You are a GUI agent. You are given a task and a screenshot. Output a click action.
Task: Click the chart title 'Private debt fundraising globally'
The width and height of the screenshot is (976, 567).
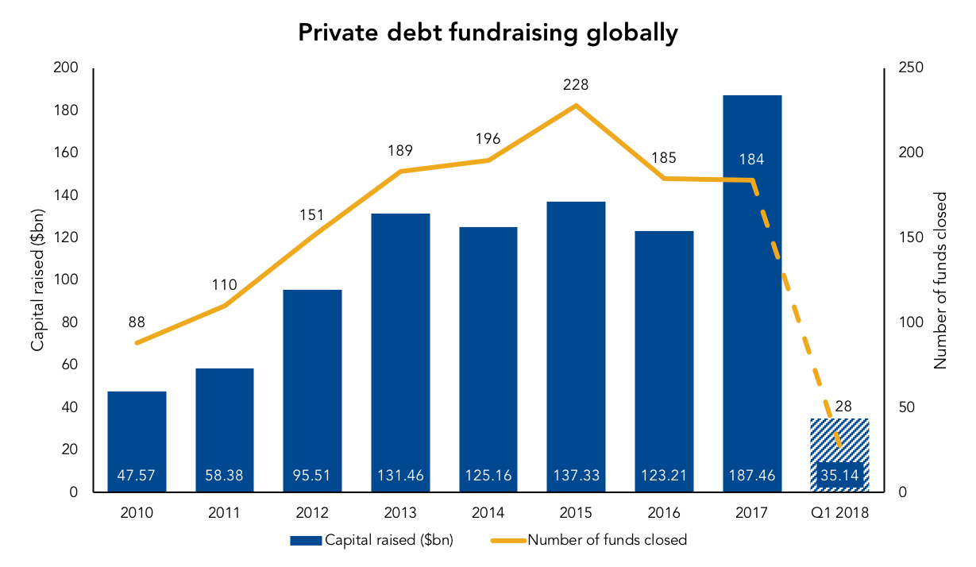pyautogui.click(x=488, y=33)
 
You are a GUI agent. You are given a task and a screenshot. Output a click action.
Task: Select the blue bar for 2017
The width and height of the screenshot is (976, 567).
pyautogui.click(x=752, y=293)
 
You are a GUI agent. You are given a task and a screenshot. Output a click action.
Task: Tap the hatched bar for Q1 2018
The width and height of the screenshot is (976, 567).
pyautogui.click(x=839, y=455)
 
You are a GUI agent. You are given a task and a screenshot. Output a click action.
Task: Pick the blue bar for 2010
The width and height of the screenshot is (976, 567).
pyautogui.click(x=137, y=442)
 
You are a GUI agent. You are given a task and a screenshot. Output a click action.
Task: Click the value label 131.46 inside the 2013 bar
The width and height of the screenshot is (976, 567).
pyautogui.click(x=400, y=475)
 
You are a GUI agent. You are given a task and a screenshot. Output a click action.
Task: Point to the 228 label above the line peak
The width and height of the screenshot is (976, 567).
pyautogui.click(x=576, y=84)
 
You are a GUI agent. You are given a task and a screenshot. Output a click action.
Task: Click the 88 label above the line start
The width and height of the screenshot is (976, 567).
pyautogui.click(x=137, y=322)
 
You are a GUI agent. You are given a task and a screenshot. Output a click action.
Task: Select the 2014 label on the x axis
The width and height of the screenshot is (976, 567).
pyautogui.click(x=488, y=513)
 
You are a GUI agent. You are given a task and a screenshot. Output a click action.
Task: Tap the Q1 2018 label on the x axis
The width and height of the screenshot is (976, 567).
pyautogui.click(x=839, y=513)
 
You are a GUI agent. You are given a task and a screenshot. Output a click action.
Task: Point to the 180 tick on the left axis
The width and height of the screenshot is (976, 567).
pyautogui.click(x=66, y=110)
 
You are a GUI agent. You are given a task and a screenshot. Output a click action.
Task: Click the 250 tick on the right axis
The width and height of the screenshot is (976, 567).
pyautogui.click(x=911, y=67)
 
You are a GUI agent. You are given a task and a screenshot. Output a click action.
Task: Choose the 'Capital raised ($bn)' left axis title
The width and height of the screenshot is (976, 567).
pyautogui.click(x=38, y=280)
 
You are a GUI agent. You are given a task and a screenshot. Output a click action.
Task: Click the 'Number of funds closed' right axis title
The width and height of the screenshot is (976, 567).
pyautogui.click(x=940, y=280)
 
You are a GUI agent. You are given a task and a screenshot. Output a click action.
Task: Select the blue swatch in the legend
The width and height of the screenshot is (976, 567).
pyautogui.click(x=306, y=541)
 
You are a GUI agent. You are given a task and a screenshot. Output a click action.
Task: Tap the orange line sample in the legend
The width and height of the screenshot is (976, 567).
pyautogui.click(x=508, y=541)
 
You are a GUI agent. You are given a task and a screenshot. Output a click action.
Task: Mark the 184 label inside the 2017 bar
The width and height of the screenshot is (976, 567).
pyautogui.click(x=751, y=159)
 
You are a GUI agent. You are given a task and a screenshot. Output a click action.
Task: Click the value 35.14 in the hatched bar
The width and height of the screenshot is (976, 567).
pyautogui.click(x=839, y=475)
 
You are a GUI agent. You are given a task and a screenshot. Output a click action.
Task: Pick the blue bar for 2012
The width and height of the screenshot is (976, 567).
pyautogui.click(x=312, y=391)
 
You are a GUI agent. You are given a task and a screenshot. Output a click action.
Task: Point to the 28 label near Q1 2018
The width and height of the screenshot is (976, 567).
pyautogui.click(x=843, y=406)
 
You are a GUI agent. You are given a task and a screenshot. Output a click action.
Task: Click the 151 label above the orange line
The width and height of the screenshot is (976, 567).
pyautogui.click(x=311, y=215)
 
